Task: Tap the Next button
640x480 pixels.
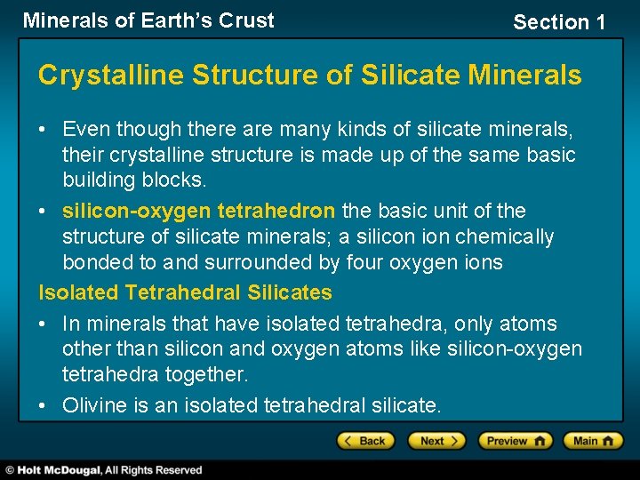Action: click(436, 441)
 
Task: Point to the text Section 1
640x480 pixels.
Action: click(558, 22)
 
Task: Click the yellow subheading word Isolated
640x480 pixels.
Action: click(78, 292)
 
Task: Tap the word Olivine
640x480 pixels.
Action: click(93, 406)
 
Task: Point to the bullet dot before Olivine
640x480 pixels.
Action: click(44, 406)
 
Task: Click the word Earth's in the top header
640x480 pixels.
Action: click(177, 20)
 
